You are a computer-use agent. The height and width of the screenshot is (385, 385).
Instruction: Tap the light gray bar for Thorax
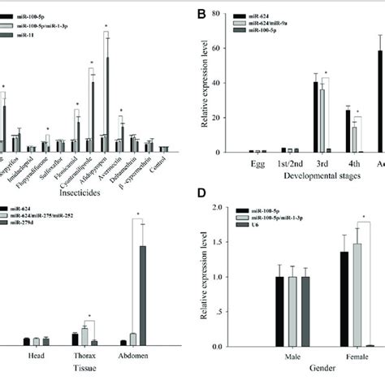[84, 335]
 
